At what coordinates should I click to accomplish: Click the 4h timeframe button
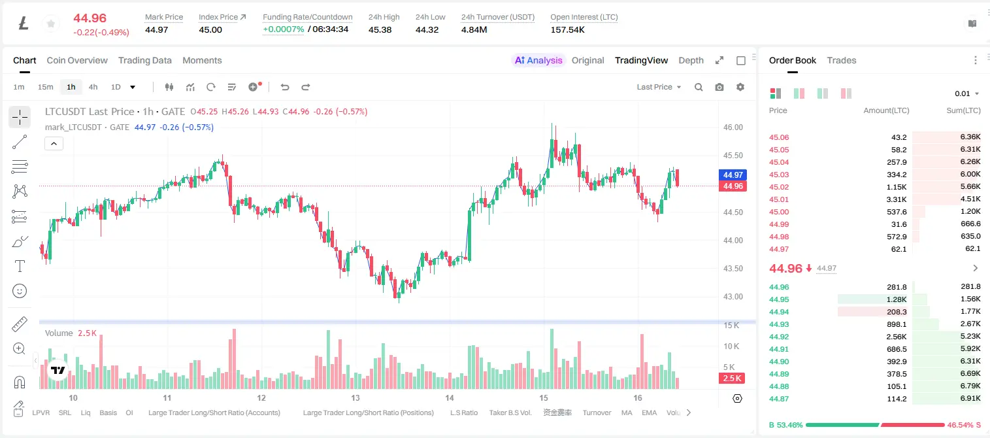pos(93,87)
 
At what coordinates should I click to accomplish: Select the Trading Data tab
pos(144,61)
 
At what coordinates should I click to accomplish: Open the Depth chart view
pos(691,61)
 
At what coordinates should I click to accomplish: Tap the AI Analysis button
pos(538,61)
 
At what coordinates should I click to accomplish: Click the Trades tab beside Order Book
pos(842,61)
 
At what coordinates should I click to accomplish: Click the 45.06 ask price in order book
pos(779,137)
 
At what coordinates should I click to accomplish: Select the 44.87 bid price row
pos(779,399)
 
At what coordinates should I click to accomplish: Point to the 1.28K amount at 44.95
pos(897,299)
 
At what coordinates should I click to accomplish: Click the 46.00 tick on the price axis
pos(733,127)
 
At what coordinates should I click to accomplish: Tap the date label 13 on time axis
pos(355,397)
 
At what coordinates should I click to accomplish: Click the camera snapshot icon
pos(719,87)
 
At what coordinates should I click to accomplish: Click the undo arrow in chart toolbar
pos(285,87)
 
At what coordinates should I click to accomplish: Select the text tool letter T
pos(20,266)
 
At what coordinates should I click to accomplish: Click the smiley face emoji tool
pos(20,291)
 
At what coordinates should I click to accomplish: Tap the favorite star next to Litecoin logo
pos(51,24)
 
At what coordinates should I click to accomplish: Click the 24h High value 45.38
pos(380,29)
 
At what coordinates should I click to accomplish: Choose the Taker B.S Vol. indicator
pos(510,413)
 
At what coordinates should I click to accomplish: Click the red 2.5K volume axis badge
pos(732,379)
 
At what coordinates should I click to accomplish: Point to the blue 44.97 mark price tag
pos(733,175)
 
